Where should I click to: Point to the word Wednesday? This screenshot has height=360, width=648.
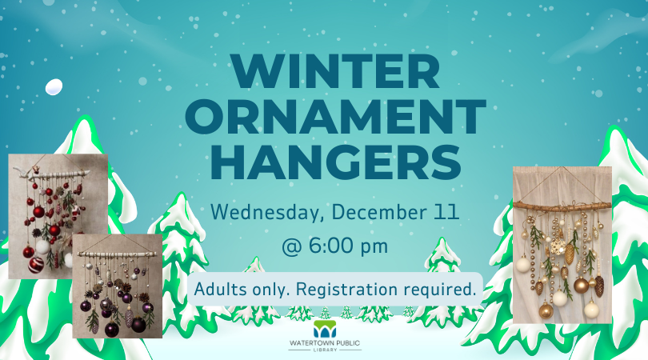coord(262,214)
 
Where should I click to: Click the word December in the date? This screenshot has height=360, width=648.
coord(370,214)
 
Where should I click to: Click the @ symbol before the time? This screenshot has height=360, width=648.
coord(293,246)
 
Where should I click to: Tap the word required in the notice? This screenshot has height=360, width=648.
coord(443,290)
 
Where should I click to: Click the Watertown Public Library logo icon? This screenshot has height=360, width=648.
coord(325,328)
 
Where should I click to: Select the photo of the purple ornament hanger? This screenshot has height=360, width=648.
coord(118,286)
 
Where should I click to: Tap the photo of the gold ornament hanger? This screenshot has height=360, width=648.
coord(562,244)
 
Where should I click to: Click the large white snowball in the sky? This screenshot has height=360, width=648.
coord(54,87)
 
